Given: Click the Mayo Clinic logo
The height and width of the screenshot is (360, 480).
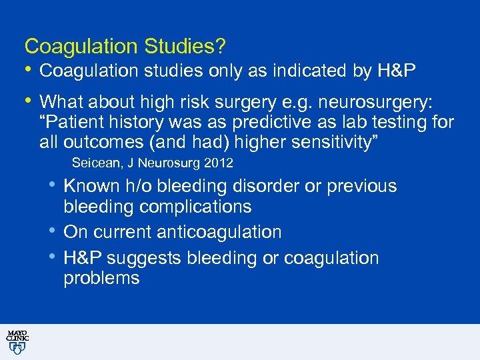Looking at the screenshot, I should (x=17, y=341).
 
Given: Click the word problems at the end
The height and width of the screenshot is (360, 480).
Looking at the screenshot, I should (x=101, y=278).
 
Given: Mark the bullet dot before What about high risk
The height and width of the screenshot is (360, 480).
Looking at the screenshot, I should (x=28, y=101).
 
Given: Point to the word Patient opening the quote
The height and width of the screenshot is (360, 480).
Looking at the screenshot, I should (x=71, y=123).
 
